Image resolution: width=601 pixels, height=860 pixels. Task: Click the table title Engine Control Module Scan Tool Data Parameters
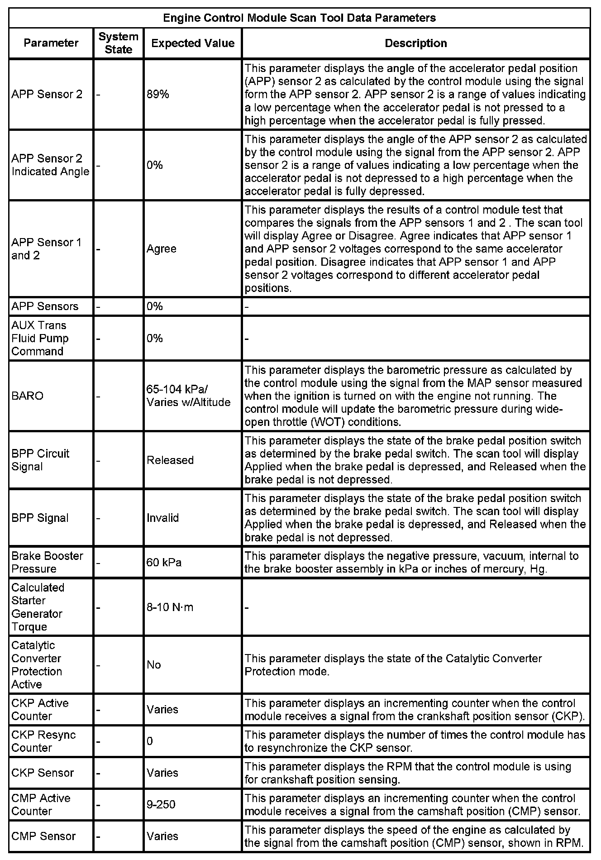(x=299, y=18)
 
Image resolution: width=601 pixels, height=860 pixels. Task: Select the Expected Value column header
(x=193, y=43)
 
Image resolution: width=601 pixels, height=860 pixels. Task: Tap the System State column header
(x=118, y=43)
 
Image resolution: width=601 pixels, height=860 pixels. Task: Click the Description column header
(x=415, y=43)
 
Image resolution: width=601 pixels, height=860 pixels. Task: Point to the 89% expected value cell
(x=157, y=95)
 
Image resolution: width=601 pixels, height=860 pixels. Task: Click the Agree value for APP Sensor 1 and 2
(x=162, y=249)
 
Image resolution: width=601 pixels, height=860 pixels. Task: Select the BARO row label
(x=28, y=396)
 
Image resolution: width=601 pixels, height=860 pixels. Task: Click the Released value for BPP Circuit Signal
(x=170, y=460)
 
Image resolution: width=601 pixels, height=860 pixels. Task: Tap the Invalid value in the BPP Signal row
(x=163, y=518)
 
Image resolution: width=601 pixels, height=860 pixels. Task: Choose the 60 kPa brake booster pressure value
(x=164, y=563)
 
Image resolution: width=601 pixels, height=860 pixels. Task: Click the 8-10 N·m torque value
(x=170, y=607)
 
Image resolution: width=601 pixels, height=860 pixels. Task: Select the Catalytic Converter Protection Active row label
(x=37, y=665)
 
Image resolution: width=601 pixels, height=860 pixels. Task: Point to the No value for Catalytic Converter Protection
(x=154, y=665)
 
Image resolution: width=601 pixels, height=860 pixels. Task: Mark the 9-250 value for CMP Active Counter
(x=161, y=805)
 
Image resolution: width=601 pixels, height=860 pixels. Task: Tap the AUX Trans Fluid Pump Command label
(x=40, y=339)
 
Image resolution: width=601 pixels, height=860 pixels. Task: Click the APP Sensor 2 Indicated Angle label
(x=50, y=165)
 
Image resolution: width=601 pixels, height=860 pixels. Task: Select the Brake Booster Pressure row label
(x=47, y=563)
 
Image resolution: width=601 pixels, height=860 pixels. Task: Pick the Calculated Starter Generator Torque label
(x=38, y=607)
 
